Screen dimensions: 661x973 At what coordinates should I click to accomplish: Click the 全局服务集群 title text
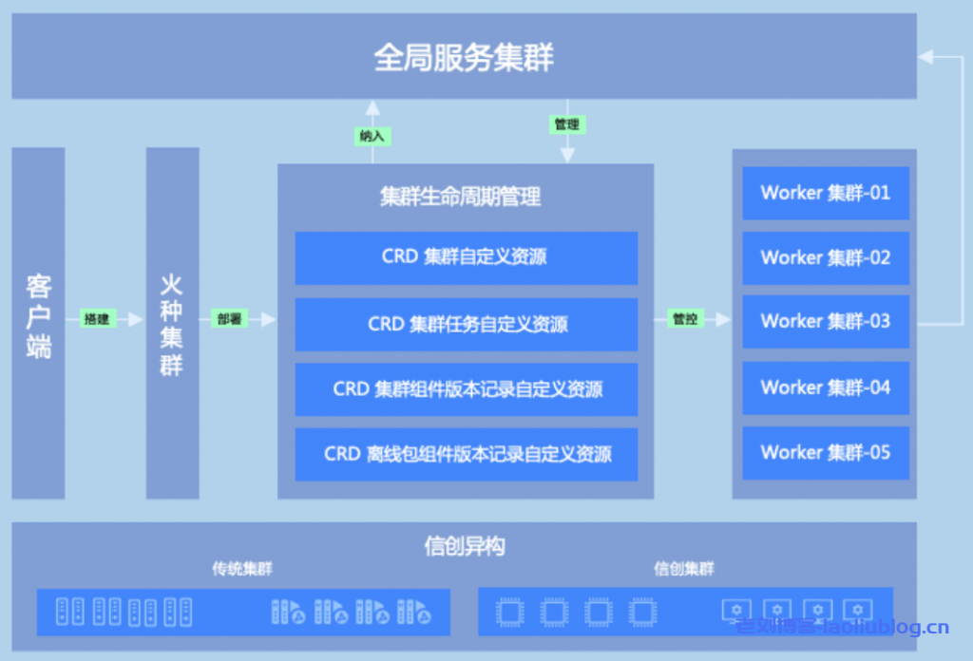pyautogui.click(x=464, y=58)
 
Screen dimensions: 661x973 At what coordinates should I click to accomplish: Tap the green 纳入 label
pyautogui.click(x=372, y=136)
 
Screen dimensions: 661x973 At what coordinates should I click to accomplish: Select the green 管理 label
pyautogui.click(x=566, y=124)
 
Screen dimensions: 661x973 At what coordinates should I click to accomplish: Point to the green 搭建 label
pyautogui.click(x=97, y=320)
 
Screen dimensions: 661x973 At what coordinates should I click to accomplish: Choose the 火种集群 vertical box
pyautogui.click(x=172, y=323)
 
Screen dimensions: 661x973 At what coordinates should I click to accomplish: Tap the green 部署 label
pyautogui.click(x=229, y=320)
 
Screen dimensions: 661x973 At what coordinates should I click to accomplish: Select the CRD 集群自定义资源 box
pyautogui.click(x=466, y=257)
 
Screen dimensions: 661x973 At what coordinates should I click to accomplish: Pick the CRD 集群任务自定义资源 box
pyautogui.click(x=466, y=324)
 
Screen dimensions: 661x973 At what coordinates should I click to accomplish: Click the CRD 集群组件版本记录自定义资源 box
pyautogui.click(x=466, y=389)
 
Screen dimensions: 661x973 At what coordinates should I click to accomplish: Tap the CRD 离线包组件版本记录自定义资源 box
pyautogui.click(x=466, y=454)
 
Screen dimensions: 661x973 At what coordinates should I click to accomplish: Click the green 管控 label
pyautogui.click(x=685, y=320)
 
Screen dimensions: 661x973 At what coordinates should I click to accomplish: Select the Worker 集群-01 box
pyautogui.click(x=825, y=193)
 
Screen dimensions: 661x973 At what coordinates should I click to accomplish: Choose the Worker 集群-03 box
pyautogui.click(x=825, y=321)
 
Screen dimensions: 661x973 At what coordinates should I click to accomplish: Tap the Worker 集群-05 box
pyautogui.click(x=825, y=452)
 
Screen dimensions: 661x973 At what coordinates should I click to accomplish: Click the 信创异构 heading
pyautogui.click(x=464, y=546)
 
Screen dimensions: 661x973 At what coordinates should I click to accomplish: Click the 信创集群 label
pyautogui.click(x=683, y=570)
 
